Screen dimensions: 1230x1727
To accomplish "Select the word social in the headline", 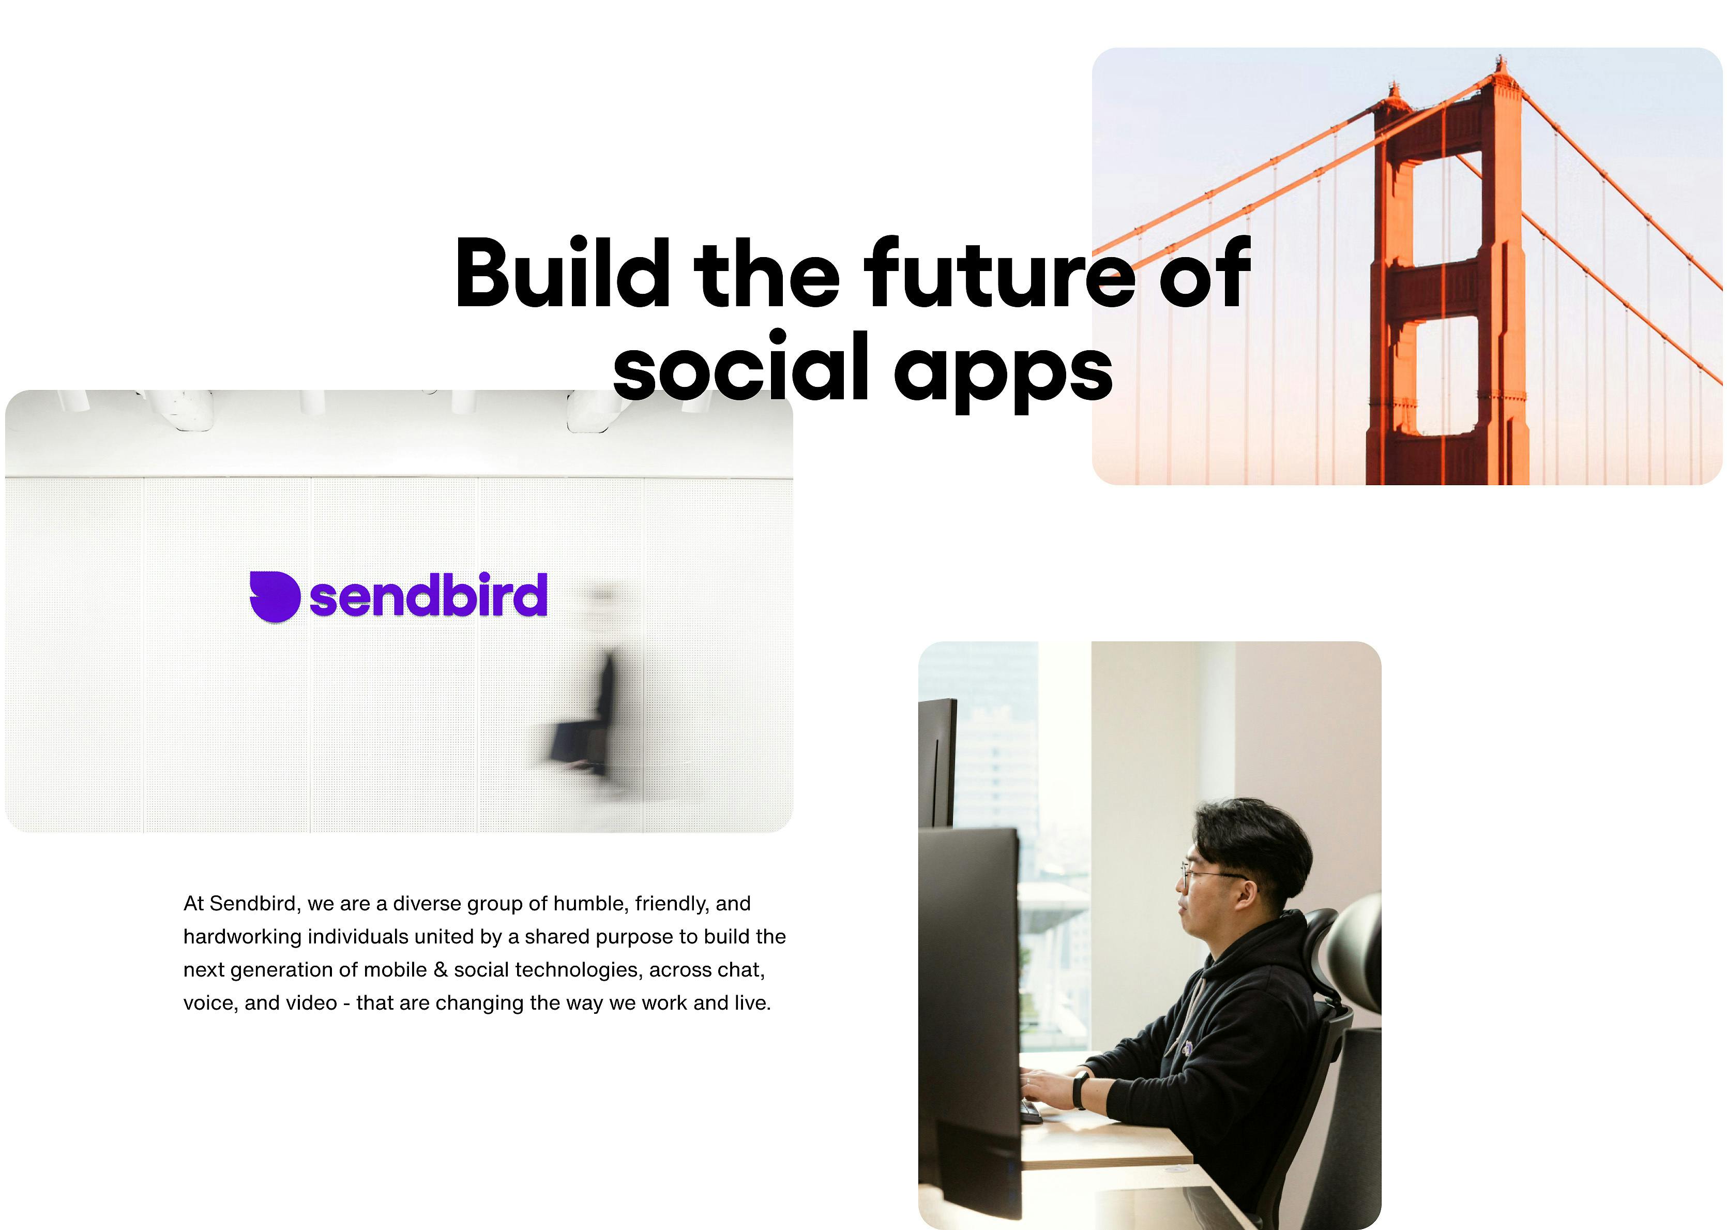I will click(740, 369).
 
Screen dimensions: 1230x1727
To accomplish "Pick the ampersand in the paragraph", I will click(441, 970).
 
